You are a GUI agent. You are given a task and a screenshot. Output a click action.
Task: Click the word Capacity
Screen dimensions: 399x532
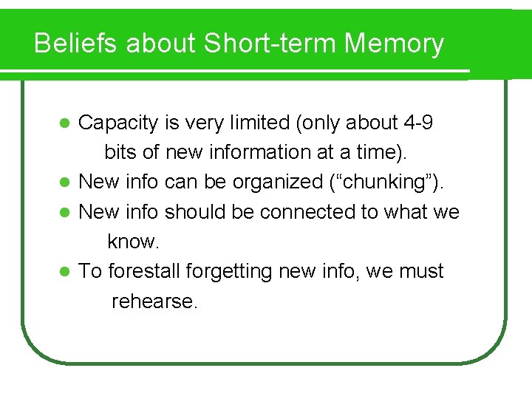(118, 123)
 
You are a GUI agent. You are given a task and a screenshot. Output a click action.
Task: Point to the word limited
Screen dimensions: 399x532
(258, 123)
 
